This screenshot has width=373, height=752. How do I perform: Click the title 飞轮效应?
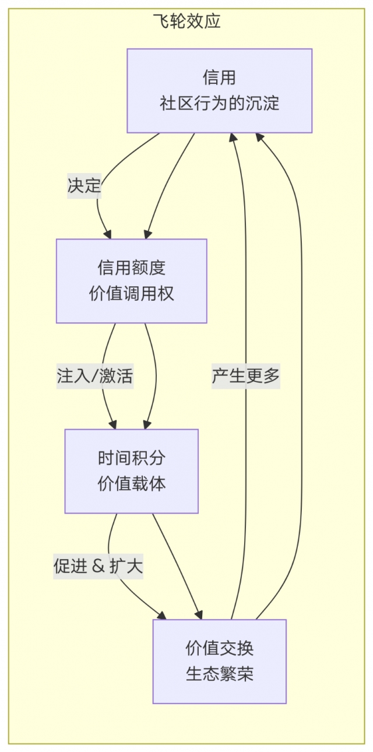[186, 22]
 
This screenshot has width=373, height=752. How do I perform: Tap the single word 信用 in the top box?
[219, 77]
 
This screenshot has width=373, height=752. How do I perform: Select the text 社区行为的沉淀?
[219, 104]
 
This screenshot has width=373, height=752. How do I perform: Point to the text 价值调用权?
[132, 294]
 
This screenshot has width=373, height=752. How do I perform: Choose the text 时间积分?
[132, 458]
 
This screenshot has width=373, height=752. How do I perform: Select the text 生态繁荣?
[219, 674]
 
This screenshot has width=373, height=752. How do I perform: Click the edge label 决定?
[84, 187]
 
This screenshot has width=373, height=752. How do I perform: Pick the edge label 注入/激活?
[95, 377]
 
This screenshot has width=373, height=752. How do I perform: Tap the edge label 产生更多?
[245, 377]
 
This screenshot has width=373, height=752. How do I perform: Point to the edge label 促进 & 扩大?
[98, 567]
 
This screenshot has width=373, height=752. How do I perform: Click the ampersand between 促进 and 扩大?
[97, 567]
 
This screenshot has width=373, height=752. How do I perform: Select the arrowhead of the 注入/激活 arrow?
[113, 424]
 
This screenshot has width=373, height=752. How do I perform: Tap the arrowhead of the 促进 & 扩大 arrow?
[161, 614]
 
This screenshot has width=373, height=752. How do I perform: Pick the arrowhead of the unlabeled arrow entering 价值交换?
[199, 614]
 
